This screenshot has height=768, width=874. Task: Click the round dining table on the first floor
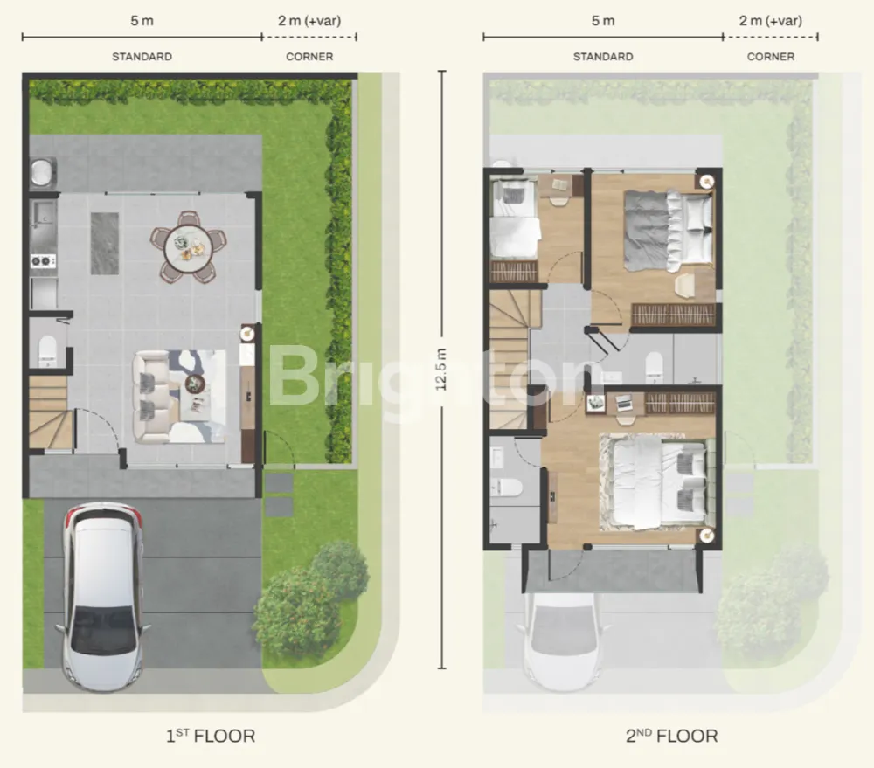click(189, 247)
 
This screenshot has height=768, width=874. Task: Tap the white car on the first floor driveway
click(102, 597)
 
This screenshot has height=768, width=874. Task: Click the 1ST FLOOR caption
click(211, 736)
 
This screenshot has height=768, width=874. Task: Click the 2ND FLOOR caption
click(671, 736)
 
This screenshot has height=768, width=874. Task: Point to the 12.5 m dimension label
click(440, 369)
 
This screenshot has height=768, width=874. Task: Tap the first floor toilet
click(47, 350)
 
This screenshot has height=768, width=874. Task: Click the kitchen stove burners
click(43, 260)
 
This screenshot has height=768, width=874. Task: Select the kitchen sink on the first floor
click(42, 216)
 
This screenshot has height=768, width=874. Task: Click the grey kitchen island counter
click(105, 243)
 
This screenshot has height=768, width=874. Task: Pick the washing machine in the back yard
click(43, 171)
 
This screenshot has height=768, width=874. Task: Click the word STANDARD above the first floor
click(142, 57)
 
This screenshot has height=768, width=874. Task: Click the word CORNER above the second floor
click(771, 57)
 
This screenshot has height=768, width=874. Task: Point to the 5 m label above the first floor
click(142, 21)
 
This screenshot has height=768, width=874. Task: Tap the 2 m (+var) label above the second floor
click(771, 21)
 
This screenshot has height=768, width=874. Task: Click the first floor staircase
click(51, 412)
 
